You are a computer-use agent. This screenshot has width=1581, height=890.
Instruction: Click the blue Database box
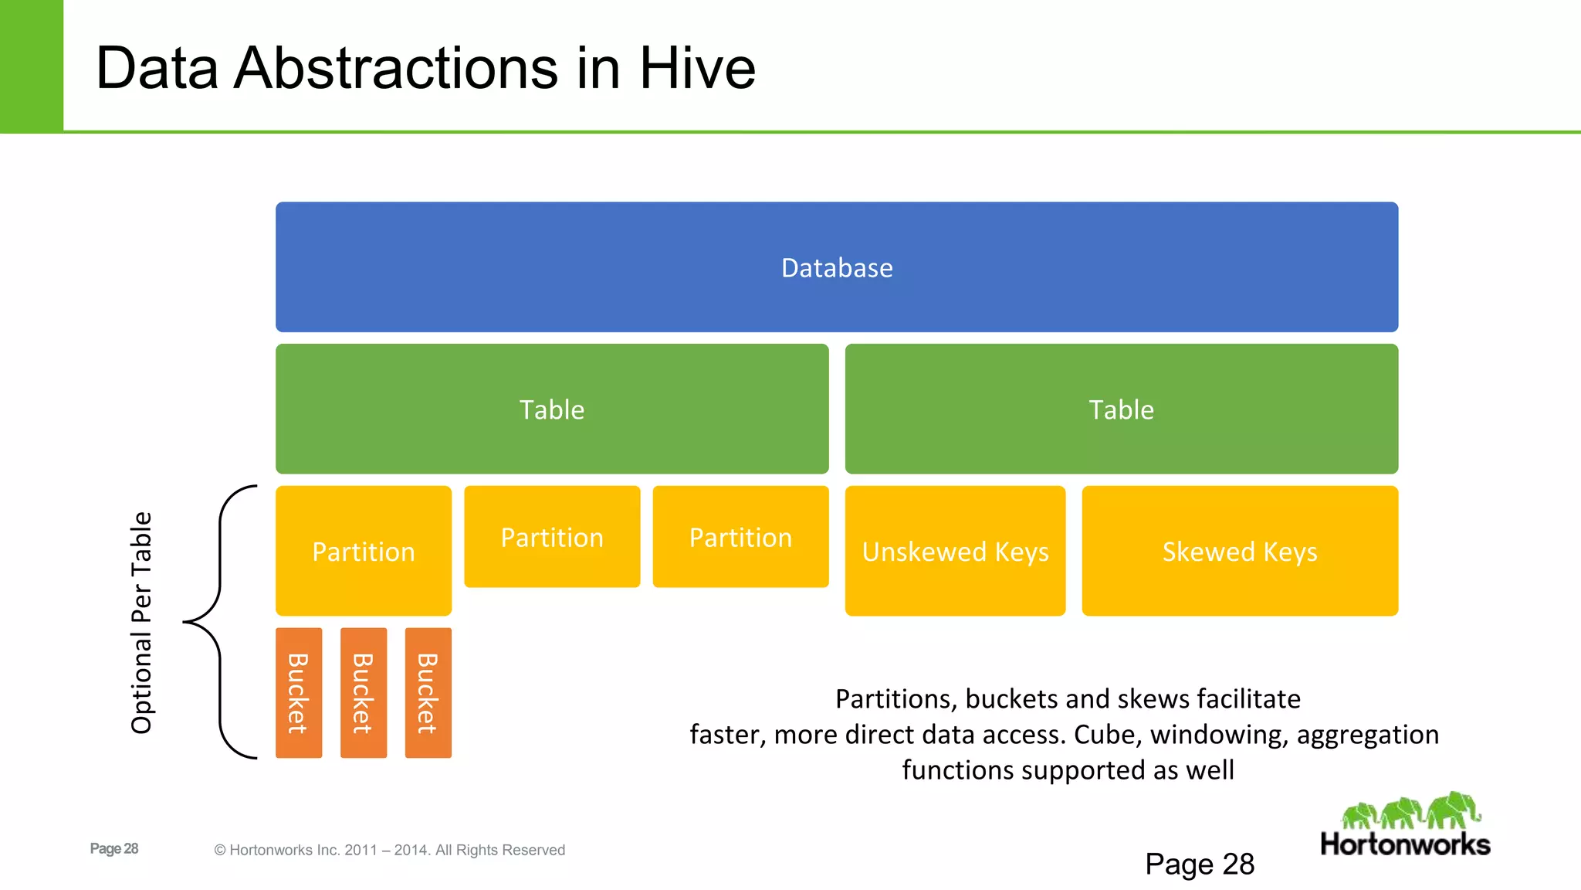point(837,267)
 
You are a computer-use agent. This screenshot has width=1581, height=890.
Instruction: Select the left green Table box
point(552,409)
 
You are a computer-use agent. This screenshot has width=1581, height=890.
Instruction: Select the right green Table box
point(1121,409)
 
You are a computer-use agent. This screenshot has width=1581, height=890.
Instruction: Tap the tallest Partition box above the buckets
point(364,551)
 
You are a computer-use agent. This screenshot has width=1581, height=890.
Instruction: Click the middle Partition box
point(552,536)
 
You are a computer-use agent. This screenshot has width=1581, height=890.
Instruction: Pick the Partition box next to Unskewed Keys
point(740,536)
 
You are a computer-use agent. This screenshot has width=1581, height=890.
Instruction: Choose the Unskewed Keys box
point(955,551)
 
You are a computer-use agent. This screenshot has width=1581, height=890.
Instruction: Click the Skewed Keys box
point(1240,551)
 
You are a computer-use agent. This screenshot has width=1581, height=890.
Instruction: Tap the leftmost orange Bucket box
point(299,693)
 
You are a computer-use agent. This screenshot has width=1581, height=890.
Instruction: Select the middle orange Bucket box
point(364,693)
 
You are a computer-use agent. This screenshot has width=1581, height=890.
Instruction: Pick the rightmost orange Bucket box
point(428,693)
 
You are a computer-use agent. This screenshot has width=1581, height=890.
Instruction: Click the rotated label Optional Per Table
point(141,622)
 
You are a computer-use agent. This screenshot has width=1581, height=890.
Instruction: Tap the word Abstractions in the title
point(395,68)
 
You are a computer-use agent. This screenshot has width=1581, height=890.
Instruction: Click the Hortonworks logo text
point(1405,844)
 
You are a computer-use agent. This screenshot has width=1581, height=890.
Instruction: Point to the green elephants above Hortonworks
point(1411,811)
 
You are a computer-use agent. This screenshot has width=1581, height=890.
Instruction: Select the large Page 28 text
point(1200,864)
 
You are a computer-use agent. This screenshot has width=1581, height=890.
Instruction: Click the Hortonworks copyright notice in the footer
point(389,850)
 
